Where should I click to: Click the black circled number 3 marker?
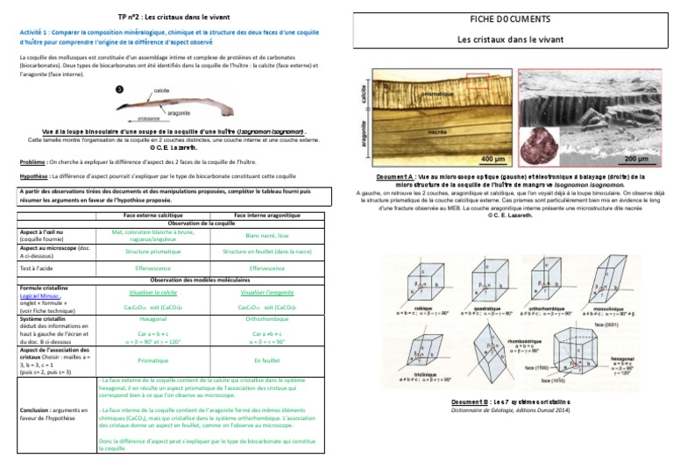(119, 89)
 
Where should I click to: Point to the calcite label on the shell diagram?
(161, 90)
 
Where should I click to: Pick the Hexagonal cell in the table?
(152, 320)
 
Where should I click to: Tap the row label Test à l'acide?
(38, 267)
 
